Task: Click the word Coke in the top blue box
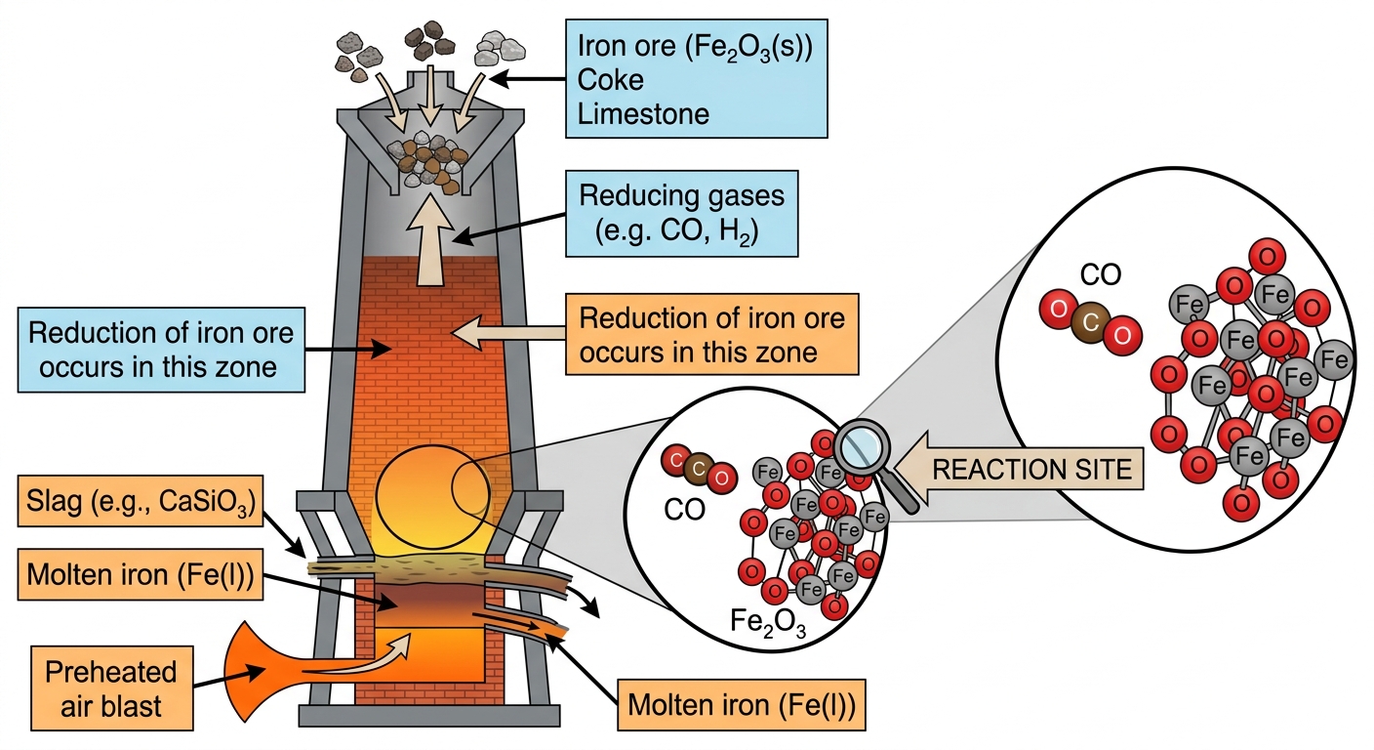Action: [x=610, y=80]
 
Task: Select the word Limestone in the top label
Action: [x=643, y=115]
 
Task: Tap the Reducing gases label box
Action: [x=681, y=214]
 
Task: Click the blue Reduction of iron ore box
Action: [x=161, y=350]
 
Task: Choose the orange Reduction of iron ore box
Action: [x=712, y=335]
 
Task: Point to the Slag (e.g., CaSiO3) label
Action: [x=141, y=501]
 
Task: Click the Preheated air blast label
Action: [x=111, y=688]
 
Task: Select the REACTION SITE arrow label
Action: [x=1018, y=469]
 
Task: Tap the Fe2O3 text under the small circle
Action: [x=767, y=622]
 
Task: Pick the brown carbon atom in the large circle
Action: [x=1090, y=322]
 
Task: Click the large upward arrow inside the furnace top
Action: [x=430, y=239]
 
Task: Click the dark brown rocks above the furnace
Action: [x=430, y=40]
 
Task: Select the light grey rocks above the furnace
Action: [x=500, y=49]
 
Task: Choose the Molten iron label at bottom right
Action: [x=741, y=704]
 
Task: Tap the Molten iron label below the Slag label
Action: [x=141, y=574]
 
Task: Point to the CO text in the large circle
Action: [x=1101, y=275]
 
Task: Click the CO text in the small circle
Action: [x=684, y=510]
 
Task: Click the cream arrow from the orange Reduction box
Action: [x=507, y=333]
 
